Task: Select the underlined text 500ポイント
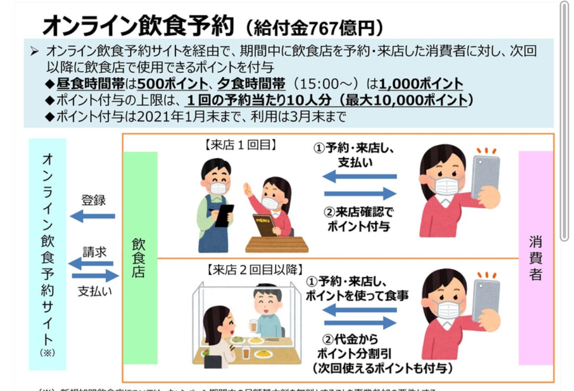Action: coord(172,84)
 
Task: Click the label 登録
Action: coord(93,200)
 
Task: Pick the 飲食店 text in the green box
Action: coord(139,258)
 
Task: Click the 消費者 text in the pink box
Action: coord(535,258)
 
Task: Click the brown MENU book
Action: coord(264,224)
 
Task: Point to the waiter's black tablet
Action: coord(224,215)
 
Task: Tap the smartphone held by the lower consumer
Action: coord(485,299)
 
